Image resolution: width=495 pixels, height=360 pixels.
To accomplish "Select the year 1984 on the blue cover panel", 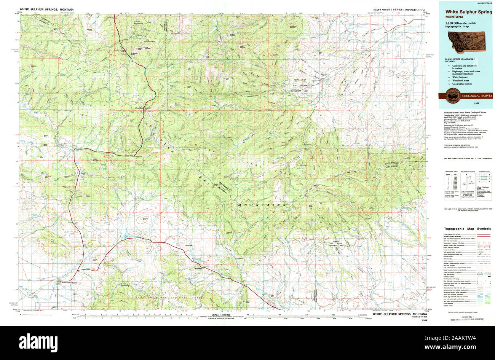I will [x=476, y=104].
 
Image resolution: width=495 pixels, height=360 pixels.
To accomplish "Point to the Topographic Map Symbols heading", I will [x=467, y=229].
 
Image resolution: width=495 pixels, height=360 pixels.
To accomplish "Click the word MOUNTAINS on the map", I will [x=262, y=205].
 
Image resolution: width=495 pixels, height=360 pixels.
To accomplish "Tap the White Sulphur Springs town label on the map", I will [x=67, y=282].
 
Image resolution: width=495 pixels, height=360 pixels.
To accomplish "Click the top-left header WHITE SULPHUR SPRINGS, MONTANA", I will [x=45, y=9].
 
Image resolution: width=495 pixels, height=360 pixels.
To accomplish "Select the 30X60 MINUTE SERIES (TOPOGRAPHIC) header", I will [x=399, y=9].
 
